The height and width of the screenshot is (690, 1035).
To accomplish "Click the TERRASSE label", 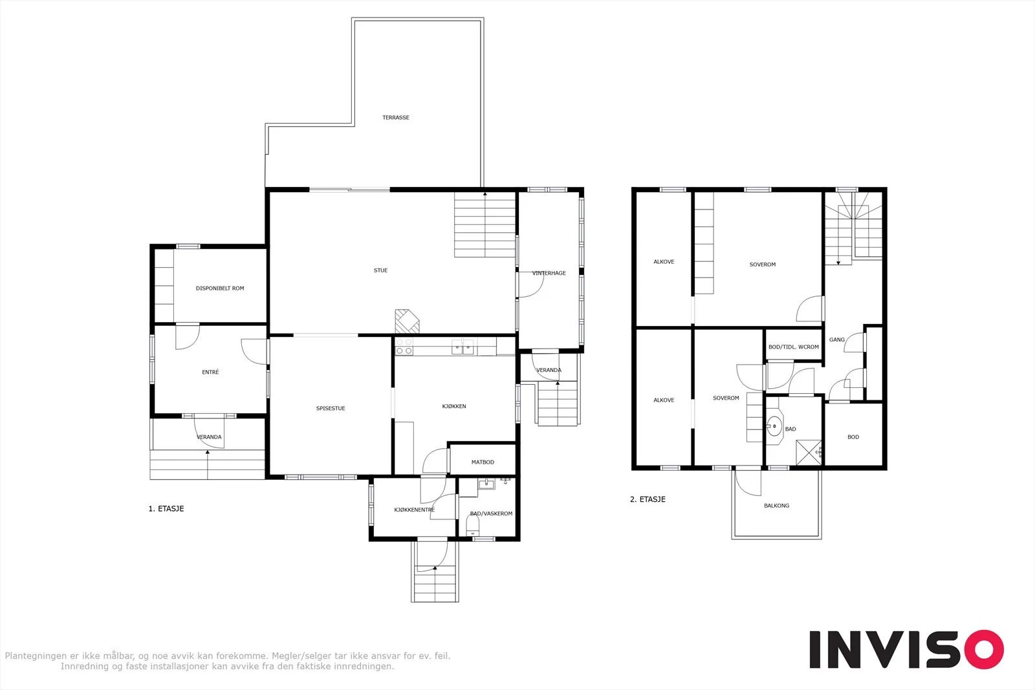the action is click(x=395, y=117).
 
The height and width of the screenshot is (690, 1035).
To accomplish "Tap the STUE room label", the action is click(x=380, y=270).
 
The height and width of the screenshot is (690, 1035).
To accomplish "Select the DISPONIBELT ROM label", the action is click(x=220, y=288).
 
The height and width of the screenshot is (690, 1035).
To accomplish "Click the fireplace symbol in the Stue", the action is click(x=407, y=321).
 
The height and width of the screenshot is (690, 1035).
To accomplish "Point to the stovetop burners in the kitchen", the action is click(x=404, y=347).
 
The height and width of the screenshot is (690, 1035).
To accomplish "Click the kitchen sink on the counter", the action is click(x=463, y=347).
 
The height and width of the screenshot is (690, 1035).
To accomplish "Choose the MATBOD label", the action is click(x=483, y=462).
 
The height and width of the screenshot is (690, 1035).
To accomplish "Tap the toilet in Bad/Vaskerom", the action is click(x=473, y=526).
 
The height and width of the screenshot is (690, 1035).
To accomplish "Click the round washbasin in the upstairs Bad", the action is click(x=774, y=426).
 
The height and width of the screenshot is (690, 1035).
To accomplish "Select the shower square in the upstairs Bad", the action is click(x=809, y=453).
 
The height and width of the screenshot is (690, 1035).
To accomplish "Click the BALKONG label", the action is click(x=776, y=506).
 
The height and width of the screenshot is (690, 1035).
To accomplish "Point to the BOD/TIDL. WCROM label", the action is click(x=793, y=347).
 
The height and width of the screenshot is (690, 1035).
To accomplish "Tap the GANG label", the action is click(x=837, y=340).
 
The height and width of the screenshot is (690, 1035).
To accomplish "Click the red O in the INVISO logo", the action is click(x=984, y=649).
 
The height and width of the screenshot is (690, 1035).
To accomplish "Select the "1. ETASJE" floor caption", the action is click(x=166, y=508).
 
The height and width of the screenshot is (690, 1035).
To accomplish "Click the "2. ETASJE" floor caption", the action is click(x=648, y=499).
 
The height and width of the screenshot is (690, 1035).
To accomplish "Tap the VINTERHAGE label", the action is click(x=549, y=273).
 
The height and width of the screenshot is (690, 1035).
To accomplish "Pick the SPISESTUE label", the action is click(x=331, y=408).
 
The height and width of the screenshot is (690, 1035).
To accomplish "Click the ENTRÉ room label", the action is click(x=210, y=372).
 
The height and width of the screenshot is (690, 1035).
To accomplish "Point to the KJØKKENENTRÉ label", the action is click(x=414, y=510).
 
